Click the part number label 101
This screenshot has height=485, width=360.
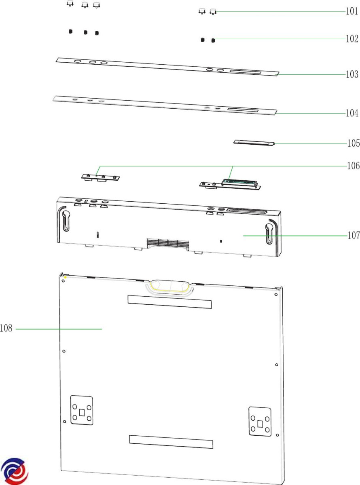tap(352, 11)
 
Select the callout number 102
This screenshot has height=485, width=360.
tap(352, 39)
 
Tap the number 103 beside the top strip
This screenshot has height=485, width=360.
tap(352, 74)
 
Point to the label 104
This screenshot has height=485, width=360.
tap(352, 113)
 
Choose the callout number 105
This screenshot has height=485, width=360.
tap(354, 143)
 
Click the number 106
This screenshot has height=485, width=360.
tap(354, 166)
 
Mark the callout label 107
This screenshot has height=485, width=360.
tap(354, 235)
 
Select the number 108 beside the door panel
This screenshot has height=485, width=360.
tap(6, 328)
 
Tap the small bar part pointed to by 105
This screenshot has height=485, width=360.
tap(254, 143)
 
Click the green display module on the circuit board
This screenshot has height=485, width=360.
tap(239, 182)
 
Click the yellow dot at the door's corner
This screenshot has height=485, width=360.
tap(65, 277)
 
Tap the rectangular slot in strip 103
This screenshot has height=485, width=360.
tap(245, 72)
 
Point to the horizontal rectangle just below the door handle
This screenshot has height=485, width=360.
tap(169, 302)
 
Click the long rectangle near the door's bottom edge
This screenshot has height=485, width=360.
tap(171, 441)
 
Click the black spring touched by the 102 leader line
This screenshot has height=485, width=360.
tap(213, 40)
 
